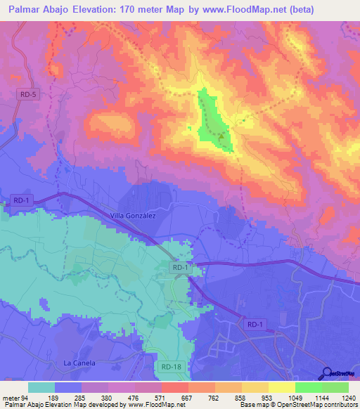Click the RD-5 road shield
click(x=27, y=93)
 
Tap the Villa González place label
click(x=133, y=216)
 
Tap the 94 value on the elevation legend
click(x=27, y=397)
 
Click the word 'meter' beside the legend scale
click(x=12, y=397)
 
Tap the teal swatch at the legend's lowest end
click(x=41, y=387)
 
